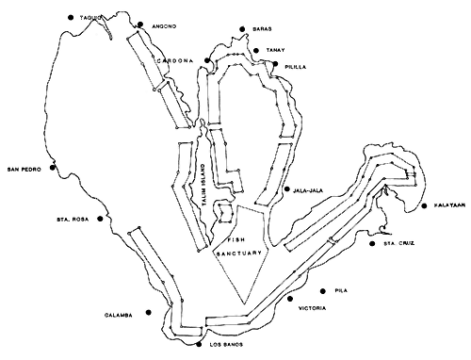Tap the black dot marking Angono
point(139,25)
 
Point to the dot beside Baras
point(243,30)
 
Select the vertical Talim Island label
point(201,179)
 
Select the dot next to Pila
point(324,290)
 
